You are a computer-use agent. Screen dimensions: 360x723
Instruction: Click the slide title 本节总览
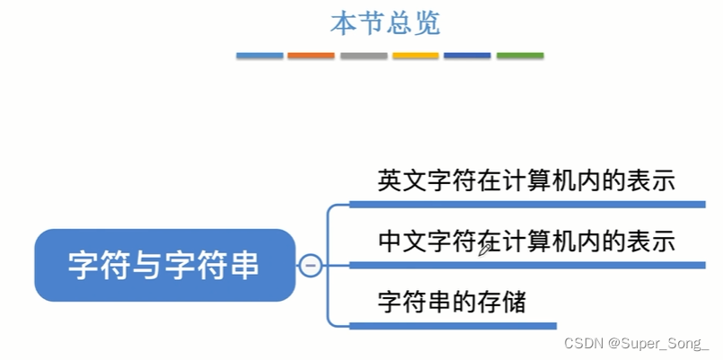point(385,23)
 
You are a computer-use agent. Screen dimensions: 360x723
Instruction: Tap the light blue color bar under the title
point(260,56)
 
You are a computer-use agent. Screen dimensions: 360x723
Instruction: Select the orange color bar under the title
point(311,56)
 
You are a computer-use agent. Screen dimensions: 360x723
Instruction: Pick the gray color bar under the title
point(363,56)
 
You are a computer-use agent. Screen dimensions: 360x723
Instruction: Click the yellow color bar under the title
point(415,56)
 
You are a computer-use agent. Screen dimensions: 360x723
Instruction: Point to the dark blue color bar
point(467,56)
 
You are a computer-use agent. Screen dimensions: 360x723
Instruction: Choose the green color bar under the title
point(519,56)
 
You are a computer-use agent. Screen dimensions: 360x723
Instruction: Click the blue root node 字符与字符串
point(165,265)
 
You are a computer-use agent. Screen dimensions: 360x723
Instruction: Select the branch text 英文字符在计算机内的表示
point(525,180)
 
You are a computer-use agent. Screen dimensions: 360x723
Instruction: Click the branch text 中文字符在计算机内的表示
point(525,241)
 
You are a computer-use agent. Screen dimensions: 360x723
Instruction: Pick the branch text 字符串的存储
point(451,302)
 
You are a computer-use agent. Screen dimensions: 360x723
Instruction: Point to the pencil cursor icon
point(485,249)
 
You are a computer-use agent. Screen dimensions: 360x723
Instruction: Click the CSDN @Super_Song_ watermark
point(637,343)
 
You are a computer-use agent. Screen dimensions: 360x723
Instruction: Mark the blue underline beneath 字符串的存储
point(453,326)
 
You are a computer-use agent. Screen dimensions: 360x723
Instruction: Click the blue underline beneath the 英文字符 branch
point(526,205)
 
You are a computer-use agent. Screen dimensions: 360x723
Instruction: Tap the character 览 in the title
point(427,23)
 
